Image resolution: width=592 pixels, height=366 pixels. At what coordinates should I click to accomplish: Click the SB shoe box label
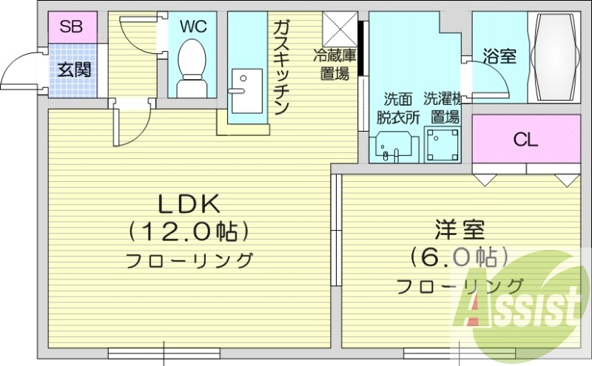tap(71, 27)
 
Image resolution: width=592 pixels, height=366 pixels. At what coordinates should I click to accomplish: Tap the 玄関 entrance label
tap(75, 70)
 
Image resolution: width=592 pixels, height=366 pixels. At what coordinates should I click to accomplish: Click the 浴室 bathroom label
tap(499, 56)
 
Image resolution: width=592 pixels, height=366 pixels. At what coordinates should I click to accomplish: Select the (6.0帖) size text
tap(459, 257)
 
